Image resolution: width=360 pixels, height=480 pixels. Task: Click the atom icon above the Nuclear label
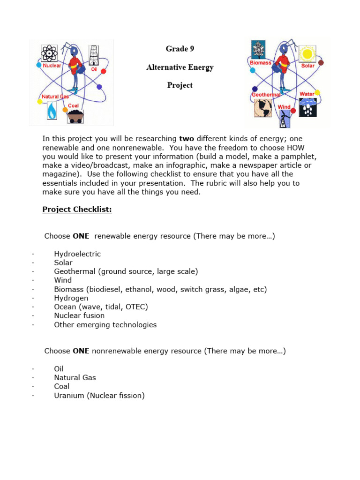[x=49, y=53]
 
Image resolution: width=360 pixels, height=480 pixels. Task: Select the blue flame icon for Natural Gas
[x=52, y=111]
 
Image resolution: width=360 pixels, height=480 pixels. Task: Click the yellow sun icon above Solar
[x=307, y=53]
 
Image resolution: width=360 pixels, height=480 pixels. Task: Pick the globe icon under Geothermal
[x=263, y=108]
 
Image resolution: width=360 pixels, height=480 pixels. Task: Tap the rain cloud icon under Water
[x=308, y=107]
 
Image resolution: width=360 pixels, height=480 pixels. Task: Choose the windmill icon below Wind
[x=284, y=119]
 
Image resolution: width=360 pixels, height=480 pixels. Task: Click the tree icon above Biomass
[x=258, y=49]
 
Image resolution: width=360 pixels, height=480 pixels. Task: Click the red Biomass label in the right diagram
[x=260, y=63]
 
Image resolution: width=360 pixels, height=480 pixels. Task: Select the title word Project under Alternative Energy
[x=180, y=85]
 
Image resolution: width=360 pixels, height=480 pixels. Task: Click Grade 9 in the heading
[x=180, y=49]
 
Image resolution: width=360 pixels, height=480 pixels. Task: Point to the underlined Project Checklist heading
[x=77, y=210]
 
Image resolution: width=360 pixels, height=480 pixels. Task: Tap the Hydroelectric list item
[x=77, y=254]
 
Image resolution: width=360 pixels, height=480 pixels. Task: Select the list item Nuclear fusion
[x=79, y=315]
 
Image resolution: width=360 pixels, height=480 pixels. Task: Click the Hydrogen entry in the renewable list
[x=71, y=298]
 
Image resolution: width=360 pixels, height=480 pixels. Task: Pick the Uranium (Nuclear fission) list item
[x=99, y=396]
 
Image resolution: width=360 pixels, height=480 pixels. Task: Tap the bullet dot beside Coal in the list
[x=33, y=387]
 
